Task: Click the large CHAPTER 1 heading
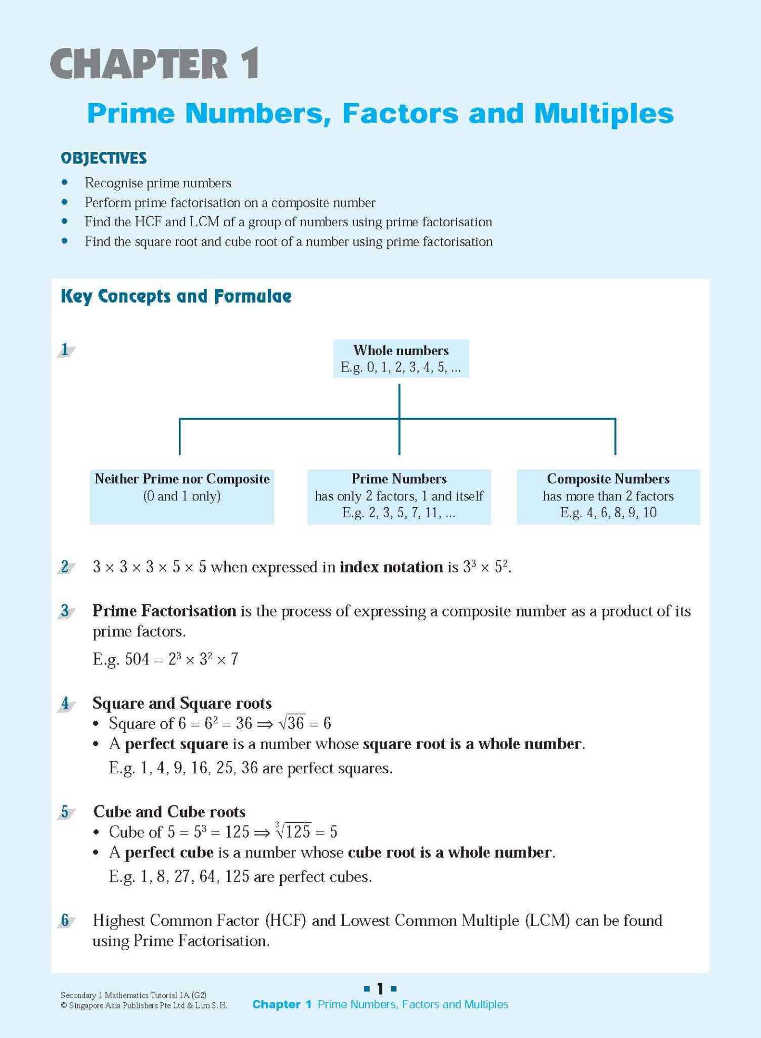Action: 155,64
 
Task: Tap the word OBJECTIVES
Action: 104,158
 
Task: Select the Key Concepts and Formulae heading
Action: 176,296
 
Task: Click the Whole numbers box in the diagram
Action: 401,358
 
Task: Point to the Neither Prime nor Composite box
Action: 182,496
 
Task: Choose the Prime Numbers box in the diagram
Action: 399,496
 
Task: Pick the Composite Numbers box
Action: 608,496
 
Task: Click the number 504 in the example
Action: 137,659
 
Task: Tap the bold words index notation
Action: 391,567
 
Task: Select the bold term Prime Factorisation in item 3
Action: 164,611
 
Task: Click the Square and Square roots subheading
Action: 182,703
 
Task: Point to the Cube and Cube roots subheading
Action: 170,811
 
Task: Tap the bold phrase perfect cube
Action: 169,852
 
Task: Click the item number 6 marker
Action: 65,921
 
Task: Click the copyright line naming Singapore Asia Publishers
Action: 144,1005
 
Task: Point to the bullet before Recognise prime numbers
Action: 65,183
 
